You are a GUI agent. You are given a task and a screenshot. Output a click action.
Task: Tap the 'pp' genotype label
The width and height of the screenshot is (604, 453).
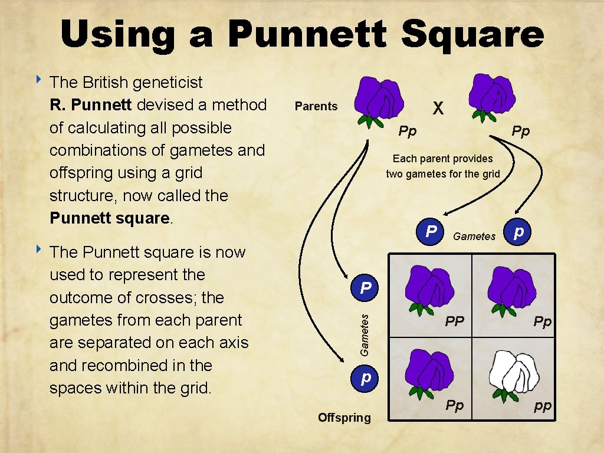click(x=543, y=406)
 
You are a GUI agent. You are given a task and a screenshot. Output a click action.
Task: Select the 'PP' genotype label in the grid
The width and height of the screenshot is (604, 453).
click(x=454, y=321)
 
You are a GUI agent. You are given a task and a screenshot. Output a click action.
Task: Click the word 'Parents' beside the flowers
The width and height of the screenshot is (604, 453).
click(x=316, y=106)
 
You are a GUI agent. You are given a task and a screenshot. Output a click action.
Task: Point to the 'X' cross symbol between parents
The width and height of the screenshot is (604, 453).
click(x=438, y=107)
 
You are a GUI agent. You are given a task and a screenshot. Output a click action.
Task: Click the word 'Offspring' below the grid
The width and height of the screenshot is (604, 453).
click(x=344, y=418)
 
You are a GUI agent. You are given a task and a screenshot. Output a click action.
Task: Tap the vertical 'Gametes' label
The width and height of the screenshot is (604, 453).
click(x=365, y=334)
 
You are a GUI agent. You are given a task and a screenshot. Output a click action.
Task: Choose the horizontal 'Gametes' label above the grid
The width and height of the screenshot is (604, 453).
click(x=474, y=237)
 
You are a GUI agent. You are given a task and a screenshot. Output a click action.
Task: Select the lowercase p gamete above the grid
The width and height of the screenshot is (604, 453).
click(x=518, y=231)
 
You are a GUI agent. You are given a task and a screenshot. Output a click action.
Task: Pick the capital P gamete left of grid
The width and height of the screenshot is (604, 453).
click(x=366, y=288)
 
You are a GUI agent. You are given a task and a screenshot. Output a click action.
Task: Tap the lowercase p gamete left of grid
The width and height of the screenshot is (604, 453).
click(x=366, y=376)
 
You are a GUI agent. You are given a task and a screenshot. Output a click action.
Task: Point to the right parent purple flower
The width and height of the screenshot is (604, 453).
click(x=492, y=96)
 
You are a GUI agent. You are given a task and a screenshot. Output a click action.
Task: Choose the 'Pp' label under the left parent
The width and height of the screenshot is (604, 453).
click(x=407, y=131)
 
